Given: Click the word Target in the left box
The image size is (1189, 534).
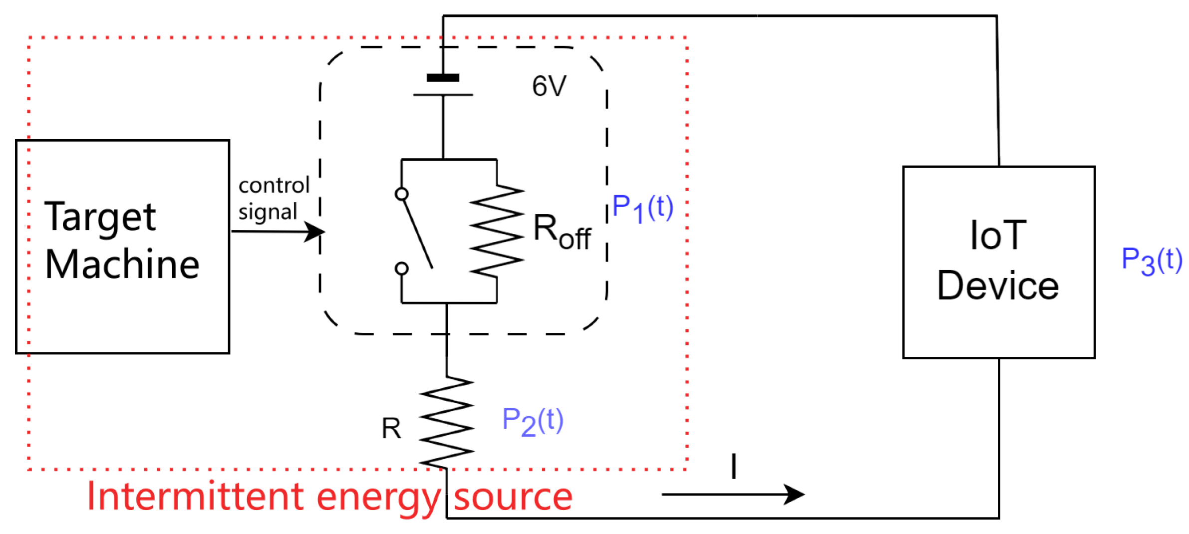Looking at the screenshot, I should click(x=100, y=218).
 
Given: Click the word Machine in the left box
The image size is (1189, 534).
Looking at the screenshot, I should click(x=122, y=264).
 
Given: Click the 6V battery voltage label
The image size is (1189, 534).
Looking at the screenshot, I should click(x=549, y=86).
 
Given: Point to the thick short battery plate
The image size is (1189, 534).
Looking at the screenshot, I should click(x=443, y=78).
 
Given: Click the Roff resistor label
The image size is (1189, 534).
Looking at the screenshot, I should click(x=561, y=232).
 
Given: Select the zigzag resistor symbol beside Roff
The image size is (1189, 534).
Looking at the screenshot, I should click(x=496, y=231).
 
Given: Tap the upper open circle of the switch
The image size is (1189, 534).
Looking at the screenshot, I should click(x=401, y=194).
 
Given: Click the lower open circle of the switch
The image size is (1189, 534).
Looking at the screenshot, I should click(x=401, y=269).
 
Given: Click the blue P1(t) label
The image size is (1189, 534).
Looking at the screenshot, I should click(x=642, y=208).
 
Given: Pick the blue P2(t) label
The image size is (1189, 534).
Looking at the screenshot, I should click(x=532, y=421).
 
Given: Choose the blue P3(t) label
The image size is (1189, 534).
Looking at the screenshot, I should click(x=1151, y=261).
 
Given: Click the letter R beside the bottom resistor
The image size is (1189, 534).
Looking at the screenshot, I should click(x=391, y=429).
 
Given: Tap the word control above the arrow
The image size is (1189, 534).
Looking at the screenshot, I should click(x=274, y=186).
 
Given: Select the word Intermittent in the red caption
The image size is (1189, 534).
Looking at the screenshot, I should click(x=195, y=497).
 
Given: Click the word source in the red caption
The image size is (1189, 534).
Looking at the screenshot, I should click(x=513, y=498).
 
